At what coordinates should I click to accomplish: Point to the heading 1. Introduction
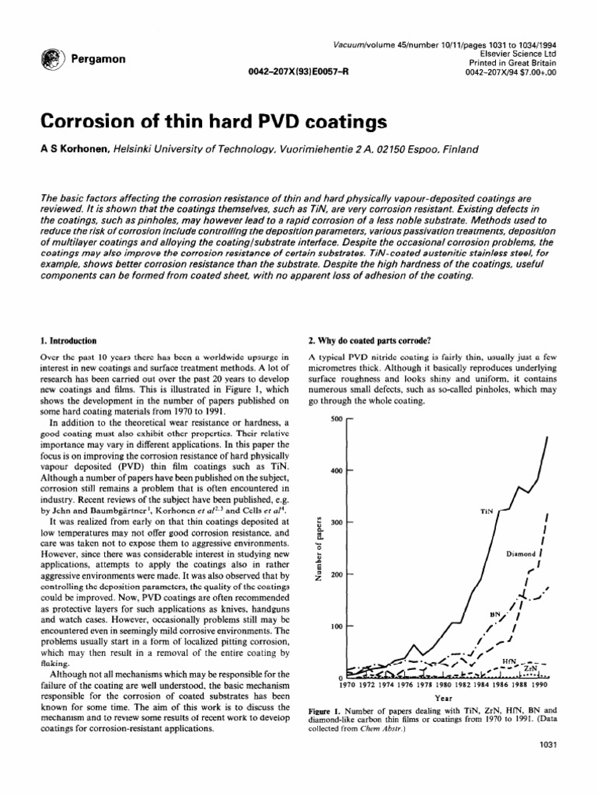[68, 339]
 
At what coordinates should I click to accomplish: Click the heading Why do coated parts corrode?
[364, 339]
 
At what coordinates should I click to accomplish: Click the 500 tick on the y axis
[336, 418]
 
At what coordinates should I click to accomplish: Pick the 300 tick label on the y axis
[336, 522]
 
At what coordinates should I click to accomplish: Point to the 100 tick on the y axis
[336, 626]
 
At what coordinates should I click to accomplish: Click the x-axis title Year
[444, 698]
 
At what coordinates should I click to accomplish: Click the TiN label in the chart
[487, 512]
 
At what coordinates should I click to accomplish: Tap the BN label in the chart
[495, 613]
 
